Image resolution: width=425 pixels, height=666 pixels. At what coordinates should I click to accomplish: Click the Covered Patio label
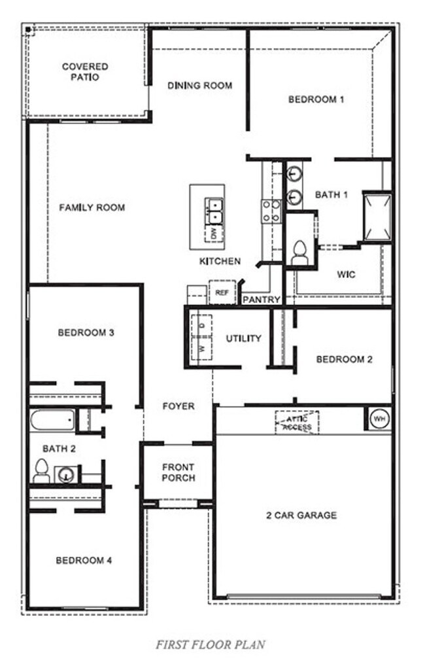[x=85, y=72]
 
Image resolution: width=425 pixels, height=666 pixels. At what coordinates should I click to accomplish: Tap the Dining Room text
[x=199, y=86]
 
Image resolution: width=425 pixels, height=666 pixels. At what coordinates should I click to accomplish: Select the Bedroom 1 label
[x=316, y=99]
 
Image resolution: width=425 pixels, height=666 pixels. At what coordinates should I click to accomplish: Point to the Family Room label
[x=92, y=208]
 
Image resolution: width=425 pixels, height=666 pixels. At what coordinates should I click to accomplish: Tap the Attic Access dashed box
[x=297, y=421]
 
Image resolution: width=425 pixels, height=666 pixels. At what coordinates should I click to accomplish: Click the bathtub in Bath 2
[x=51, y=420]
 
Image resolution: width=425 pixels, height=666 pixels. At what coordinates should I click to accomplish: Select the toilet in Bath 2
[x=41, y=470]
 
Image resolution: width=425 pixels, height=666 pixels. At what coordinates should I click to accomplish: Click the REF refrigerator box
[x=221, y=292]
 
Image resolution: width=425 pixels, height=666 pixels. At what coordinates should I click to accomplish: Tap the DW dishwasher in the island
[x=214, y=233]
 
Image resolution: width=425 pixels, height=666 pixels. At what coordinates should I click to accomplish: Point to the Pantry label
[x=262, y=300]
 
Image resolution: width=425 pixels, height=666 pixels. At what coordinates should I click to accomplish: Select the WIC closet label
[x=347, y=275]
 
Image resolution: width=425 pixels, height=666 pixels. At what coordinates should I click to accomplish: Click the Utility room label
[x=244, y=339]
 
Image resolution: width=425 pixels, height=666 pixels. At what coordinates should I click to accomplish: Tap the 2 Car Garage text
[x=302, y=516]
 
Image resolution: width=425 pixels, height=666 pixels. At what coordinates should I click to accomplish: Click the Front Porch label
[x=178, y=472]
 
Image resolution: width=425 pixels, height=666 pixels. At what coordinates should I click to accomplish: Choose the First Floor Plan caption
[x=211, y=645]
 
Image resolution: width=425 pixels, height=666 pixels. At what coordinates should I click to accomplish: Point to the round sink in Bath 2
[x=65, y=474]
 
